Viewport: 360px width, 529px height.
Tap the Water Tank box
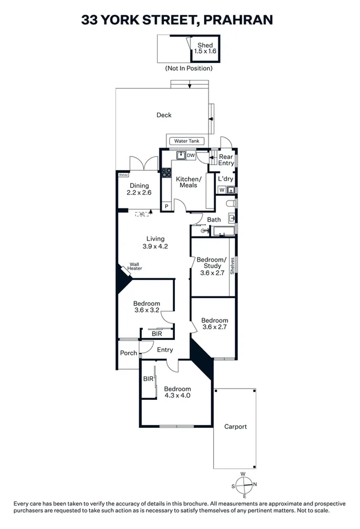point(186,141)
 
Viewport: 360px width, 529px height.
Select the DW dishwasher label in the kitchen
point(191,155)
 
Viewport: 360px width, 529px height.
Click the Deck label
point(164,115)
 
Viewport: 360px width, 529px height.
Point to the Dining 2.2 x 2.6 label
point(139,189)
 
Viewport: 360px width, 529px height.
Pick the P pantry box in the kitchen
point(166,206)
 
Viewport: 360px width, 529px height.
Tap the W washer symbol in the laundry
point(222,190)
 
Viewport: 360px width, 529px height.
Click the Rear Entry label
point(226,160)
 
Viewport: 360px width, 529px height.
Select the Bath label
point(214,219)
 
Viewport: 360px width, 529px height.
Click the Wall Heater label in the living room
point(135,267)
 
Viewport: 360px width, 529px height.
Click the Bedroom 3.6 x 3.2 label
point(146,307)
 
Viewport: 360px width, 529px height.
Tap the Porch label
point(129,353)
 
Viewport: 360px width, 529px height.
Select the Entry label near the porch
point(165,350)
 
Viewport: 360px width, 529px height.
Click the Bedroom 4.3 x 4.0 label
point(177,392)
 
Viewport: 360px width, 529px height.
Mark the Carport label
point(235,426)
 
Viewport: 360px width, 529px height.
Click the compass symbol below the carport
point(245,485)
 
